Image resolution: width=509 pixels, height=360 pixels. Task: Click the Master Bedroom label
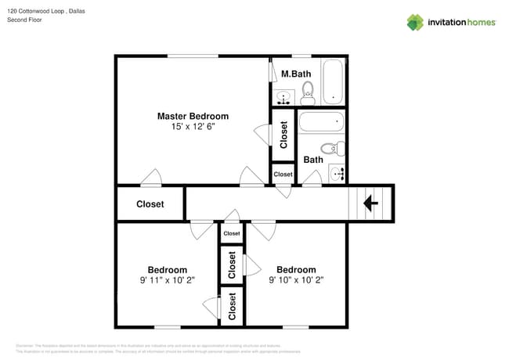193,116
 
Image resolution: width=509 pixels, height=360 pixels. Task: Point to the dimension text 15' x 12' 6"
193,126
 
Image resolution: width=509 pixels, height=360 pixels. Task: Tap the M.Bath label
296,74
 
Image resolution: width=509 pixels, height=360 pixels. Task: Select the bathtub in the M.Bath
333,81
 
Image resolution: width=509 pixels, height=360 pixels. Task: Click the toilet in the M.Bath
308,92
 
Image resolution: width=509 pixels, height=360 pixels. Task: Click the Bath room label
313,160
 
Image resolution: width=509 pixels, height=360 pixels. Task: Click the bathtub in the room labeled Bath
322,123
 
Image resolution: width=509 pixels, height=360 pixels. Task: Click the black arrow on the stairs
370,203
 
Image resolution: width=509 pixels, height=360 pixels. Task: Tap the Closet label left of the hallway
150,204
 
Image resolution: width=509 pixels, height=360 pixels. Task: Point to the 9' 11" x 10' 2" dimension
168,279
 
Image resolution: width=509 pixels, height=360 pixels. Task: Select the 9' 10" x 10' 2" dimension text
296,279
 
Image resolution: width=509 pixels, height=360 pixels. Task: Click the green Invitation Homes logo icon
415,22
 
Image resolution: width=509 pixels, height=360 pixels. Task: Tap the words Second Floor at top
24,20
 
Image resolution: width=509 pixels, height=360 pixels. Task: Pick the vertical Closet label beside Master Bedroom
283,135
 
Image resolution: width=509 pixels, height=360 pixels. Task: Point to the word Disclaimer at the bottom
29,345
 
